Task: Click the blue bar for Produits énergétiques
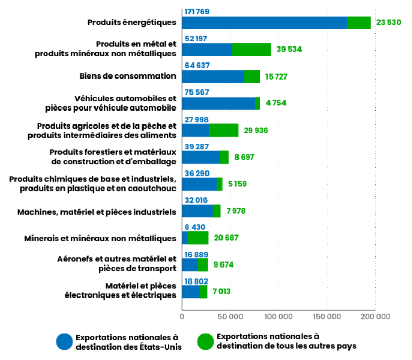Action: tap(264, 23)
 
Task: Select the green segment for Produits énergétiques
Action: tap(359, 23)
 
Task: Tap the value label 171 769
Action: tap(197, 11)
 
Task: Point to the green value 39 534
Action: tap(289, 50)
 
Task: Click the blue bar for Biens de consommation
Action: tap(213, 76)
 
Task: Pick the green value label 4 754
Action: tap(276, 103)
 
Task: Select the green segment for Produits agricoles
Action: tap(223, 130)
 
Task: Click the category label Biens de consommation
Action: tap(128, 76)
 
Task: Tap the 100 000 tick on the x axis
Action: tap(279, 316)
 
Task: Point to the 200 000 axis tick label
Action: tap(375, 316)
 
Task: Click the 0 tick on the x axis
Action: tap(182, 316)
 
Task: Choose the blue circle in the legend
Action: tap(65, 341)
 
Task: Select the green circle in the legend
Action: tap(205, 341)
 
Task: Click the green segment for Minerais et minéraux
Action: tap(198, 238)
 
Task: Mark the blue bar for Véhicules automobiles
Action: tap(218, 103)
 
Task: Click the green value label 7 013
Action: tap(221, 291)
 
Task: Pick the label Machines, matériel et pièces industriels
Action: tap(97, 211)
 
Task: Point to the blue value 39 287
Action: tap(197, 146)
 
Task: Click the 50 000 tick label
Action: tap(230, 316)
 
